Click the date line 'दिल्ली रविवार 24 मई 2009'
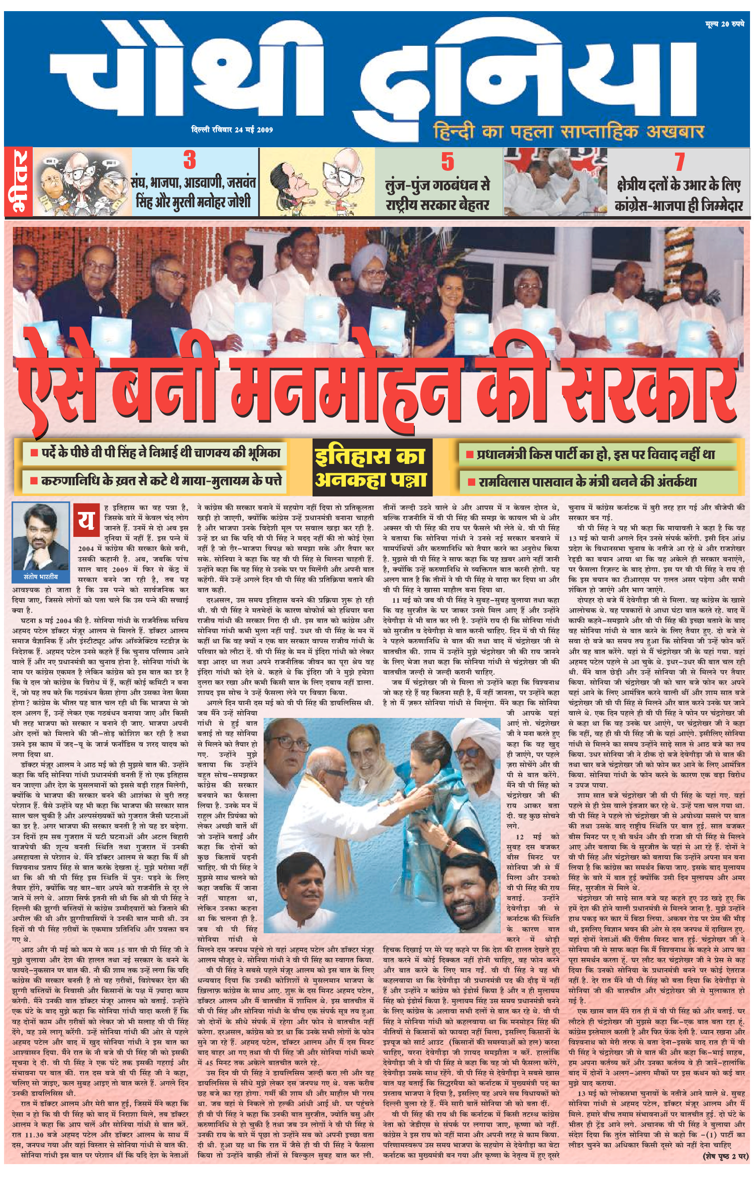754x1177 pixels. (232, 130)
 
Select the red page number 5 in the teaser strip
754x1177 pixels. (447, 162)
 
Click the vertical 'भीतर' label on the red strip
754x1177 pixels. (19, 182)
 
